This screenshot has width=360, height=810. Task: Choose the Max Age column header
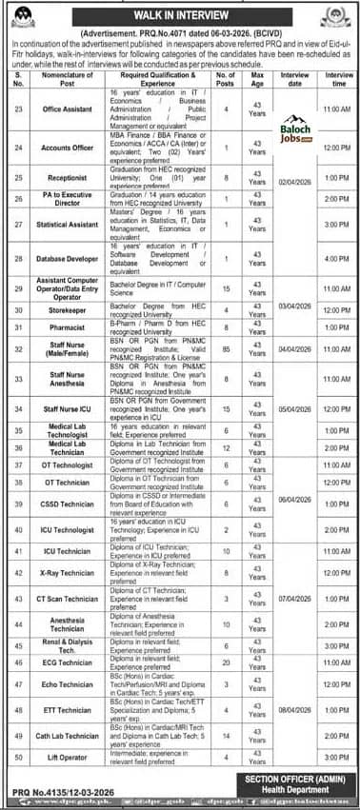tap(256, 77)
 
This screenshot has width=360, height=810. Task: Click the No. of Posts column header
tap(226, 77)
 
